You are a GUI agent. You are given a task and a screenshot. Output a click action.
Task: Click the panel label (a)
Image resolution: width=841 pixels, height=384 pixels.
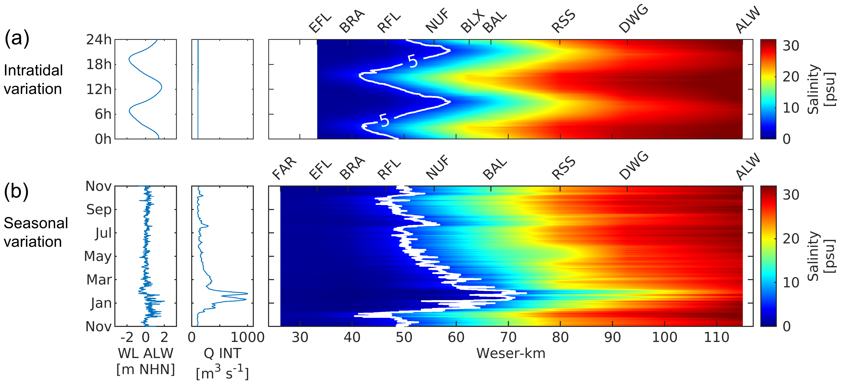[17, 38]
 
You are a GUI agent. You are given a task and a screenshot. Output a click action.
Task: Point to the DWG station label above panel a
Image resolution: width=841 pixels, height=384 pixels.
[633, 19]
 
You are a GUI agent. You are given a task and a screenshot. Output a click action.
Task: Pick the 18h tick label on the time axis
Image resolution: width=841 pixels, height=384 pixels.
[99, 65]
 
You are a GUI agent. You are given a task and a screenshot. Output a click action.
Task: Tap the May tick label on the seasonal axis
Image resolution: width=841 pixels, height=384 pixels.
[98, 256]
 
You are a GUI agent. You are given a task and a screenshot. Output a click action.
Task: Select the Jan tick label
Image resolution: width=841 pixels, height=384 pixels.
[101, 303]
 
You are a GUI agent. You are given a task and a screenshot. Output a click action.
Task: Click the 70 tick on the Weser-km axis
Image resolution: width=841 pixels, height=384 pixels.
[508, 337]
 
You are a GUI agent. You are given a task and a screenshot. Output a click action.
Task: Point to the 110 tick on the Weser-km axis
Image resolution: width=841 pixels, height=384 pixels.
[716, 337]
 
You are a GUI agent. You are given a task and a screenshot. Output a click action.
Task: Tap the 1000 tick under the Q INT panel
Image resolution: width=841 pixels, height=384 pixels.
[247, 337]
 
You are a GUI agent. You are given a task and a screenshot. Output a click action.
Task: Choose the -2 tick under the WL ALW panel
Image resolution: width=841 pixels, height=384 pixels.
[127, 337]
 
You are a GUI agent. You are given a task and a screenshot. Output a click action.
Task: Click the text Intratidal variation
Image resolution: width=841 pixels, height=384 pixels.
[33, 79]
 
